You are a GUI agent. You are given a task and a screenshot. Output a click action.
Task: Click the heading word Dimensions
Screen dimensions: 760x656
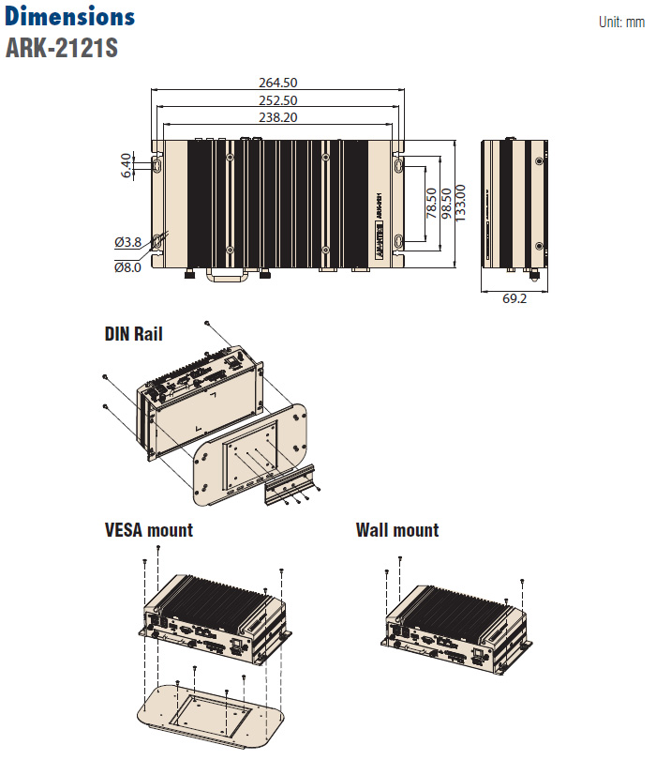coord(70,17)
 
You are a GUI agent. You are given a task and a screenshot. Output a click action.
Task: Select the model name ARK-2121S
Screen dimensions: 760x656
coord(62,48)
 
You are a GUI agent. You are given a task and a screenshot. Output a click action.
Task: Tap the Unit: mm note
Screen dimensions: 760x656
coord(621,22)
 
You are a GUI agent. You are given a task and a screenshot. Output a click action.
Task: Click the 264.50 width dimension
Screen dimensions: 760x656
coord(278,83)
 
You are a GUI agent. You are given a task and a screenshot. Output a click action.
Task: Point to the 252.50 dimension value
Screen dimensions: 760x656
coord(278,100)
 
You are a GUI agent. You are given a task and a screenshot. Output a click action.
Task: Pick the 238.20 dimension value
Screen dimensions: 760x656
coord(278,117)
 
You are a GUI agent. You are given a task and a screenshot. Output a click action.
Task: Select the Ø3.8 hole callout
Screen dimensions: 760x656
coord(127,242)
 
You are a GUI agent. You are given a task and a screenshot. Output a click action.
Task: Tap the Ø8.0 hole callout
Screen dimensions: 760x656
coord(127,266)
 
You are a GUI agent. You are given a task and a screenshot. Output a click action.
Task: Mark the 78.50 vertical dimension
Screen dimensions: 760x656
coord(431,204)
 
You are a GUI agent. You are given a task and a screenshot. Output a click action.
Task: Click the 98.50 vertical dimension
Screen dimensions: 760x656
coord(446,204)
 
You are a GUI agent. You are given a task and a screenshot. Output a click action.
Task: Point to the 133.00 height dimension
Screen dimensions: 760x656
coord(461,204)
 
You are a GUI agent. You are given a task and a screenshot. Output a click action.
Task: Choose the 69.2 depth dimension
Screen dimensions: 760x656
coord(514,298)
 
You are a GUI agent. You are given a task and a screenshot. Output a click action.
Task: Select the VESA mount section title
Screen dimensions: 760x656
coord(149,530)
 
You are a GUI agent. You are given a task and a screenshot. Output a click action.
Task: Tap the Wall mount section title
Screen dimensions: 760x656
coord(397,530)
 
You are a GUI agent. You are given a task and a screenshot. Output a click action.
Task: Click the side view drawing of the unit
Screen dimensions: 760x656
coord(514,204)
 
